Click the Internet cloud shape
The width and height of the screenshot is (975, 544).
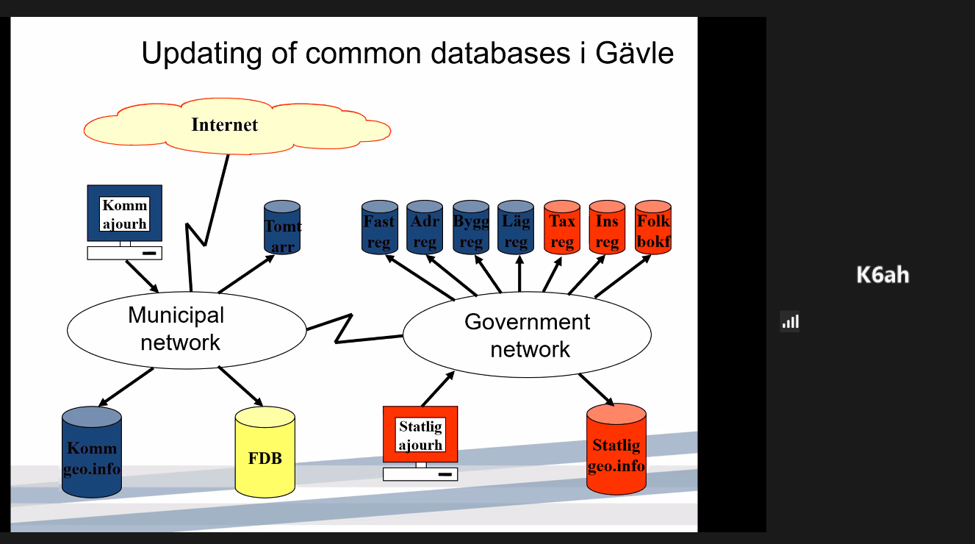[235, 126]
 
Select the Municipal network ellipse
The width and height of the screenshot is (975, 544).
[186, 329]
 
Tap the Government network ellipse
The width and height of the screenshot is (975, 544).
[527, 334]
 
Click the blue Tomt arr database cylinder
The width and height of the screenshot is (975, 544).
[282, 227]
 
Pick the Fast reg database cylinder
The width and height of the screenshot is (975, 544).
[380, 228]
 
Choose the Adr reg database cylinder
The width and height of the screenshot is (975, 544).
[425, 228]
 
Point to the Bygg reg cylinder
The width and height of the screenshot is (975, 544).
[471, 228]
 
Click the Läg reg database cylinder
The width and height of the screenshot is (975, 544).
[515, 228]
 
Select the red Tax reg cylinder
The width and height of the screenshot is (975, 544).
[562, 228]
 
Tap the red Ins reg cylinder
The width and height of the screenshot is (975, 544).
[607, 228]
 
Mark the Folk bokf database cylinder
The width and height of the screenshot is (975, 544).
[653, 228]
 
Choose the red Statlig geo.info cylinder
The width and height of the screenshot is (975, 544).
[616, 450]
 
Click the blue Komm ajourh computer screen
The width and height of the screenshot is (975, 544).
[125, 213]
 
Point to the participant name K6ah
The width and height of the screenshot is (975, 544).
[882, 276]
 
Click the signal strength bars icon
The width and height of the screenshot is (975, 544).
[790, 322]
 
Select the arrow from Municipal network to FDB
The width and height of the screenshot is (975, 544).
[241, 386]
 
